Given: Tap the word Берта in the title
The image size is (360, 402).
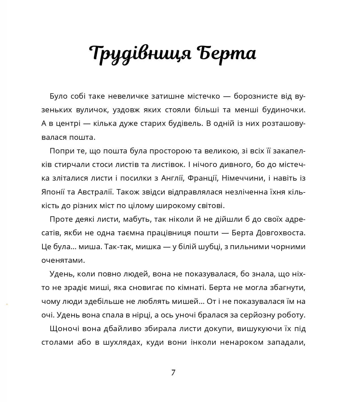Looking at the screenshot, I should pyautogui.click(x=225, y=53).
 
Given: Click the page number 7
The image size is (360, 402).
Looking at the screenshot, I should pyautogui.click(x=173, y=372).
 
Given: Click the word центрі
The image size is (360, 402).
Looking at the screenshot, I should pyautogui.click(x=64, y=124).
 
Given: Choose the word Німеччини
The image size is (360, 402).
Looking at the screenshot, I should pyautogui.click(x=242, y=178).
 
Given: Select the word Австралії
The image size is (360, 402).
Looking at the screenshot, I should pyautogui.click(x=95, y=192).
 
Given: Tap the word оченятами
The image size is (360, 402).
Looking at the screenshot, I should pyautogui.click(x=63, y=260).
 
